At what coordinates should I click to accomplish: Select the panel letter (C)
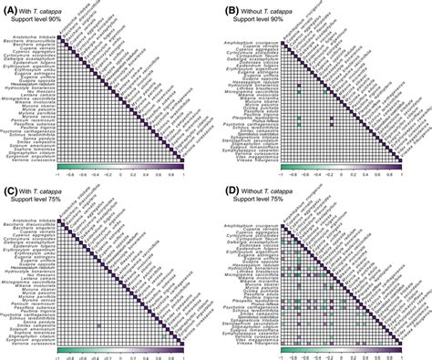tap(12, 187)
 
